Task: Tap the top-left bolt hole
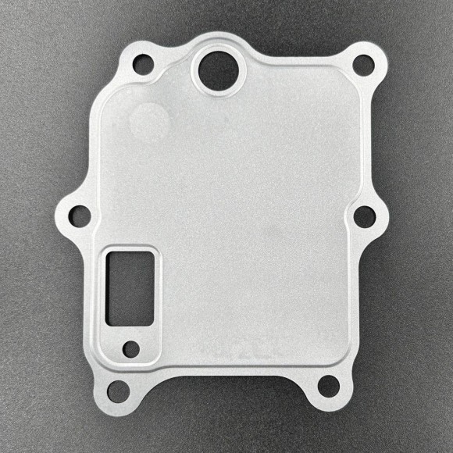pos(143,64)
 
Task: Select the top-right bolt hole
pos(363,66)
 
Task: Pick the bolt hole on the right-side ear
pos(365,216)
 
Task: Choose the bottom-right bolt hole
pos(330,386)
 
